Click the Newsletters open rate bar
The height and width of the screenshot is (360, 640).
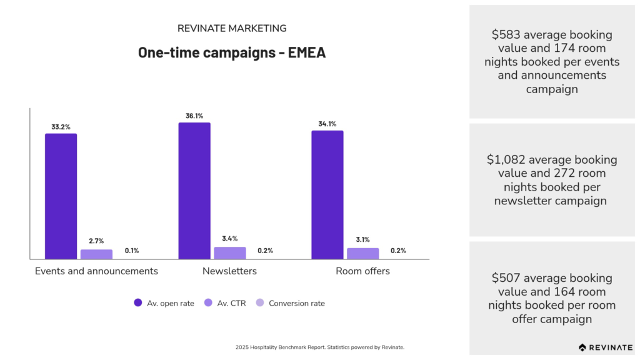tap(194, 191)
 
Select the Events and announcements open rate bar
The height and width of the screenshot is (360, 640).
tap(61, 196)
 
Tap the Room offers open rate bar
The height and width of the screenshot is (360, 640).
tap(327, 195)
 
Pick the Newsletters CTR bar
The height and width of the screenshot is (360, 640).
tap(230, 253)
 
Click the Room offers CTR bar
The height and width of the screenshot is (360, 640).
tap(363, 254)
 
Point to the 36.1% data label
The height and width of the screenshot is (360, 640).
tap(194, 116)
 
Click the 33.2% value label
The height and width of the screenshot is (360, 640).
tap(61, 127)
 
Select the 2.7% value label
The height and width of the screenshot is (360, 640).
tap(96, 241)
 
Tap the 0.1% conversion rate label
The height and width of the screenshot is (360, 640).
tap(132, 251)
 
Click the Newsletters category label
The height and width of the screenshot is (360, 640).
tap(229, 271)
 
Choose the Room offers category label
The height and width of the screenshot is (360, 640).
tap(362, 271)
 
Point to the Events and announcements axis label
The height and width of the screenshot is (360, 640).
tap(96, 271)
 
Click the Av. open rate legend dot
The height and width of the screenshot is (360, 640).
tap(138, 303)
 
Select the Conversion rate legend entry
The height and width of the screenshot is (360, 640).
tap(290, 303)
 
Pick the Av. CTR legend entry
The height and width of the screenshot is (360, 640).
tap(225, 303)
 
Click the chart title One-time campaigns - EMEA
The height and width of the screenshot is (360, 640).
tap(232, 52)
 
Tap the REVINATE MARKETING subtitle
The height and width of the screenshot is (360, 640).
tap(232, 29)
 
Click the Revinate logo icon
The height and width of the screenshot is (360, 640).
tap(582, 347)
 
